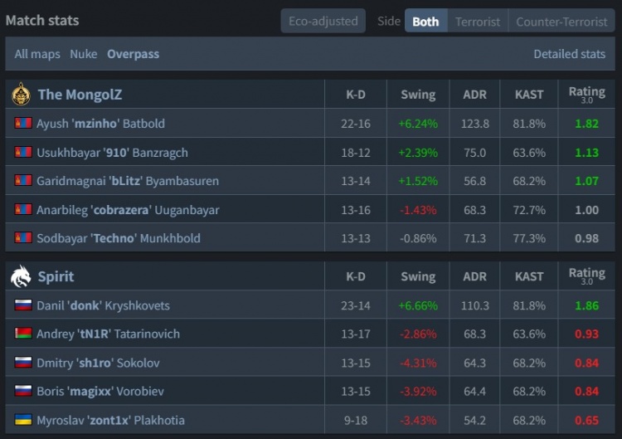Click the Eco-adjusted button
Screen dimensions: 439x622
tap(323, 21)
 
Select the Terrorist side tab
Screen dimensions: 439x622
tap(477, 22)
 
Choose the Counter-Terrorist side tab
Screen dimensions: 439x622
tap(561, 22)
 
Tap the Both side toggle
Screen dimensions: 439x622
tap(425, 22)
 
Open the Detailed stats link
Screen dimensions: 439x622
tap(569, 54)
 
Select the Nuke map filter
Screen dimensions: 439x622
tap(83, 54)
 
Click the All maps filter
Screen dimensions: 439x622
tap(37, 54)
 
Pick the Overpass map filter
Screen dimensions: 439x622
tap(133, 54)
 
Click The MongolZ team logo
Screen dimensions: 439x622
tap(21, 94)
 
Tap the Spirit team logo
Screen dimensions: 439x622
tap(21, 276)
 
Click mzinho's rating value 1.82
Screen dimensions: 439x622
tap(586, 124)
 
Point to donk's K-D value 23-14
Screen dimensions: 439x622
tap(355, 305)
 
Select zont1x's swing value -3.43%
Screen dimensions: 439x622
tap(417, 420)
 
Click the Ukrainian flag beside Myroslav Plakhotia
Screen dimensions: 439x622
tap(23, 420)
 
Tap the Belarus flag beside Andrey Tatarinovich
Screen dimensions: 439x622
tap(23, 334)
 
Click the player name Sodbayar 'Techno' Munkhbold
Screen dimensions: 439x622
tap(119, 238)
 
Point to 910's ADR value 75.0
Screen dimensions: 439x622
tap(475, 153)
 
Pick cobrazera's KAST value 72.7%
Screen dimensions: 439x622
tap(529, 210)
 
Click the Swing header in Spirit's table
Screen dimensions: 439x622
tap(417, 276)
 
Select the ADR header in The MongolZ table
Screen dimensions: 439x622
tap(474, 95)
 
